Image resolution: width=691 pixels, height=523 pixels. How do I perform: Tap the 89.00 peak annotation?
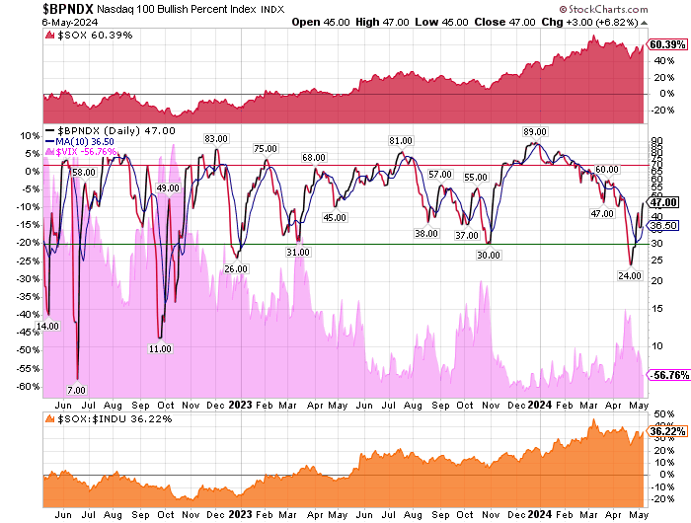pyautogui.click(x=535, y=132)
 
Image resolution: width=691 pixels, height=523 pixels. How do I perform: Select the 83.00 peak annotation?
pyautogui.click(x=215, y=139)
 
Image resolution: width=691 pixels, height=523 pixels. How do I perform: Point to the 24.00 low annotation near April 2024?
pyautogui.click(x=630, y=275)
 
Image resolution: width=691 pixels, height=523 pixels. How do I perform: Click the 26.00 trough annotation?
pyautogui.click(x=235, y=269)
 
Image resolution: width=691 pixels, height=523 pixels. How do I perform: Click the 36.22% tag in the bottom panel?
pyautogui.click(x=662, y=431)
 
